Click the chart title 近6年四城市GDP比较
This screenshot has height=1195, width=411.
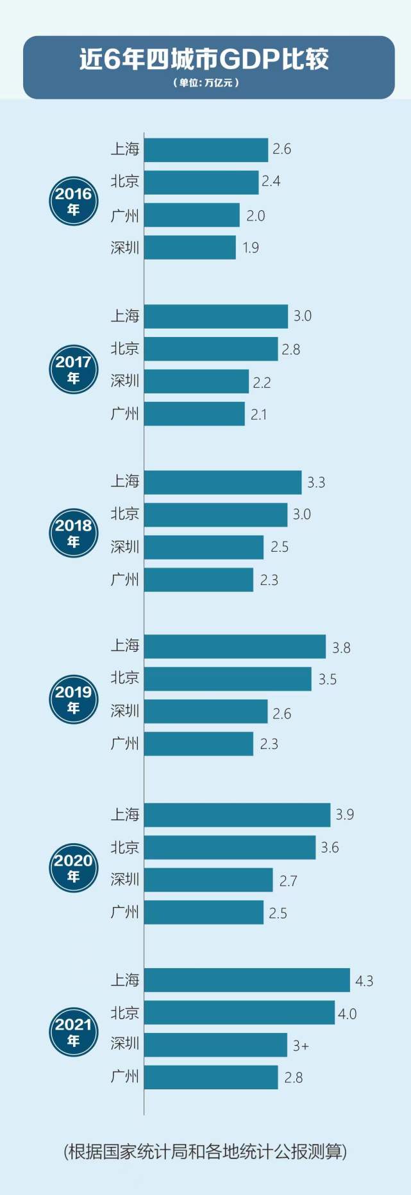click(204, 59)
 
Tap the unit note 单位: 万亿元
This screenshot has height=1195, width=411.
click(205, 83)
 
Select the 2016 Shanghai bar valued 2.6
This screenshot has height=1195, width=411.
click(206, 150)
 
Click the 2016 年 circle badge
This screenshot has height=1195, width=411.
click(74, 201)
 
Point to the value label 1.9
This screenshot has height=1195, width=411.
click(251, 248)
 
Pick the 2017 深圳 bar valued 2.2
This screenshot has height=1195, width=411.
click(196, 381)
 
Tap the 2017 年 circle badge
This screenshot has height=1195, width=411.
click(74, 369)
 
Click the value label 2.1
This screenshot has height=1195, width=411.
click(258, 415)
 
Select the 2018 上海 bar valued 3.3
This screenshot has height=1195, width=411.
click(222, 482)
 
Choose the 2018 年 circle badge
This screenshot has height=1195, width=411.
click(74, 533)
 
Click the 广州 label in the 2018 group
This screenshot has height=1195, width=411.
click(124, 579)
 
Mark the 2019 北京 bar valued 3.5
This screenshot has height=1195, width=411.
click(228, 679)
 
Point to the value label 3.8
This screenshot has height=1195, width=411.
click(341, 648)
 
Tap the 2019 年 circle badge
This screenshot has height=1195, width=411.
click(74, 699)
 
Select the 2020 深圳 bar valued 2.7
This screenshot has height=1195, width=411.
click(208, 880)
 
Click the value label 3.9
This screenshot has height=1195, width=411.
click(345, 814)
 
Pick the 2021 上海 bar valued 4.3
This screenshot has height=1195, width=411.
click(247, 980)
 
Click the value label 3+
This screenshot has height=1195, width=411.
click(301, 1046)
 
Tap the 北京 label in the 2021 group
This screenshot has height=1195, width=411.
click(124, 1012)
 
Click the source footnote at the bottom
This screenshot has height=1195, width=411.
click(205, 1151)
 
